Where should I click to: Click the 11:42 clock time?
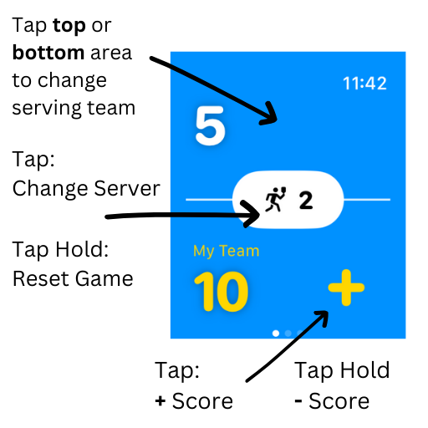coord(364,84)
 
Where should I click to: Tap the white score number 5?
coord(210,125)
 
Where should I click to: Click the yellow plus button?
coord(345,289)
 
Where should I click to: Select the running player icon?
coord(275,201)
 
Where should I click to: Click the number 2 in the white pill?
coord(305,201)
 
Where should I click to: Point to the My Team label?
coord(226,251)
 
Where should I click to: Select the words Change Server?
coord(85,188)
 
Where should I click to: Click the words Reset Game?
coord(73,278)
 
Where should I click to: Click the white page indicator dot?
coord(277,333)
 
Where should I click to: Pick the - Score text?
coord(332,401)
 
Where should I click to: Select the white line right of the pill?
coord(368,200)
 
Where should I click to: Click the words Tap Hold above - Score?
coord(342,370)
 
